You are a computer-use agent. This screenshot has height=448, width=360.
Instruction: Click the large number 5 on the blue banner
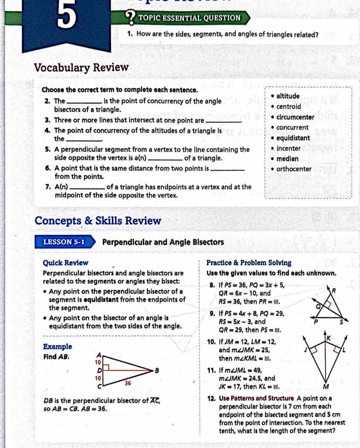coord(66,15)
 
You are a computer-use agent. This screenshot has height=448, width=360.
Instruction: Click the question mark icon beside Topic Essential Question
coord(131,17)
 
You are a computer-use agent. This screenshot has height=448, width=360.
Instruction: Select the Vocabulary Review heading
coord(81,67)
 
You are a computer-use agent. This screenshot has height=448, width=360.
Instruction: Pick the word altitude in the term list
coord(288,96)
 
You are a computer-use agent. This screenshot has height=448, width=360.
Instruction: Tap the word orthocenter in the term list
coord(294,169)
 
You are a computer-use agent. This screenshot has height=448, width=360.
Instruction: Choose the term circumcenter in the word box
coord(295,117)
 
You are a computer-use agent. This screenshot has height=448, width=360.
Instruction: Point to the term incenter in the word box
coord(288,148)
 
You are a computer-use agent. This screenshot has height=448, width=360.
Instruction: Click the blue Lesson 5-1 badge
coord(64,242)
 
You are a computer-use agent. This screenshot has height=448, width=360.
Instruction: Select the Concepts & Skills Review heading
coord(98,221)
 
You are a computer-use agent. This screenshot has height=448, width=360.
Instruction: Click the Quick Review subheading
coord(65,263)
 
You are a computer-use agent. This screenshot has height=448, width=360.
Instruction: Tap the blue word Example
coord(58,347)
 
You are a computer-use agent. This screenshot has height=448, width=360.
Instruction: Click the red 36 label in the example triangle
coord(128,383)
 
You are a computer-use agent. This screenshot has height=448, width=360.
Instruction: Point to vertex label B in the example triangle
coord(157,370)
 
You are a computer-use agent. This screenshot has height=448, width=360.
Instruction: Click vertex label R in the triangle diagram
coord(334,291)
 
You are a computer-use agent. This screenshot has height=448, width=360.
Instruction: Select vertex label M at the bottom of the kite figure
coord(325,387)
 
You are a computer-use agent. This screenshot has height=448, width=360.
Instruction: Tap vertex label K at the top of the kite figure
coord(328,338)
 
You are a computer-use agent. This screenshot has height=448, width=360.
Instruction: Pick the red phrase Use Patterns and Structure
coord(256,399)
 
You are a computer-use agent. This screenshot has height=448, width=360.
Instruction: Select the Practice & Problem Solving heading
coord(249,263)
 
